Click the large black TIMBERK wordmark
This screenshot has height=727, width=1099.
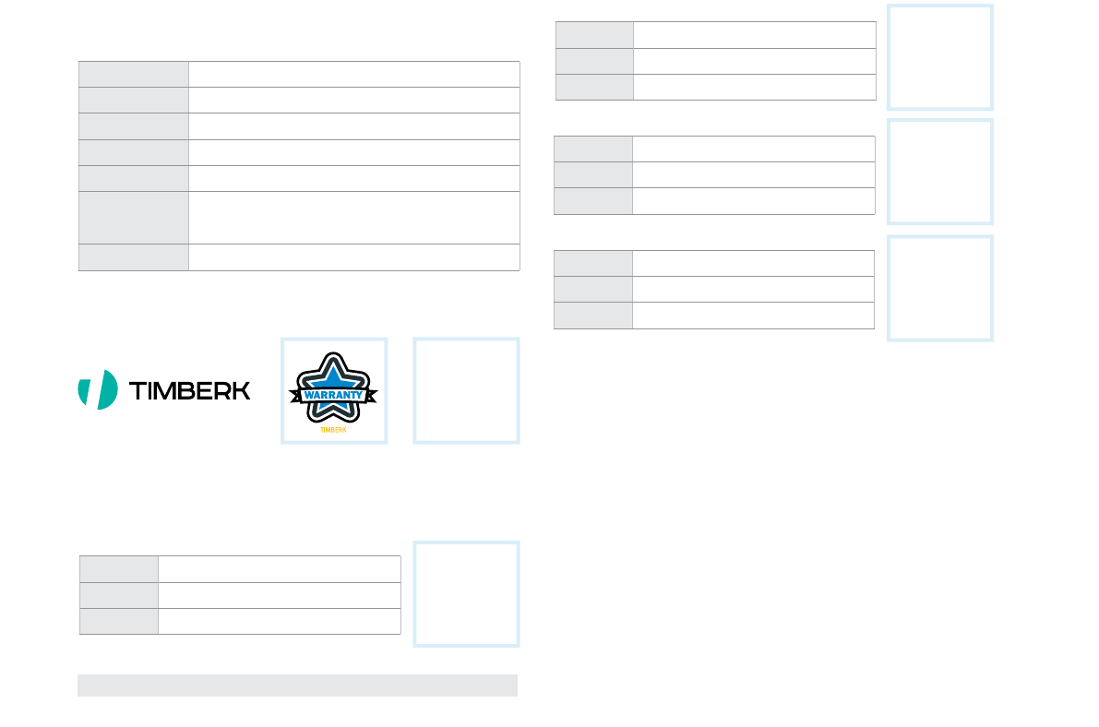(x=190, y=390)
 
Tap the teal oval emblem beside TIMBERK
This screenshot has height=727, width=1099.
(x=98, y=389)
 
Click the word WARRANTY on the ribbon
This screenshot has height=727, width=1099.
(x=333, y=395)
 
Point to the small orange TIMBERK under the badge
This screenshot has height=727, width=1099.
(x=332, y=430)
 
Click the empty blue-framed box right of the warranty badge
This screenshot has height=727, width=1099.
(x=466, y=390)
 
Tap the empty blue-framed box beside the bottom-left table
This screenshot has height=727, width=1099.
(x=466, y=593)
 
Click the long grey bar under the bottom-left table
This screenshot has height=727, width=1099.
(x=297, y=685)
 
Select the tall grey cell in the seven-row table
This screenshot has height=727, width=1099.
(x=134, y=218)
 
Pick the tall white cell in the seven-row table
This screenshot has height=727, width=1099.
(x=353, y=218)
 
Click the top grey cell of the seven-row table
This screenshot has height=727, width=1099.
(x=134, y=74)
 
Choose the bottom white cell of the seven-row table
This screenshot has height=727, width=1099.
(x=353, y=257)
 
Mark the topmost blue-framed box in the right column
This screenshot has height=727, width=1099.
(x=940, y=57)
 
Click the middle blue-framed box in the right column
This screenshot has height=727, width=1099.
(x=940, y=172)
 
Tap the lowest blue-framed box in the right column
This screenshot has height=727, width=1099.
(x=940, y=288)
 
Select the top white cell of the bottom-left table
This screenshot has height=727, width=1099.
(x=279, y=568)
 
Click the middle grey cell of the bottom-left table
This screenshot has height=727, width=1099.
(x=119, y=595)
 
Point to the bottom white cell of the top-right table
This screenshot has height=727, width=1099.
(x=754, y=87)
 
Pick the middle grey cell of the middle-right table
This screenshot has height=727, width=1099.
(x=593, y=175)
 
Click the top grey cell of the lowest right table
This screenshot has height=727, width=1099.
(x=593, y=263)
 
